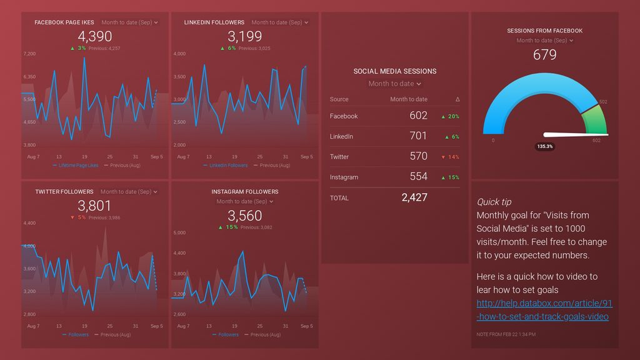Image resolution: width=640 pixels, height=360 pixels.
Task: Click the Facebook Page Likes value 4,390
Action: pyautogui.click(x=95, y=36)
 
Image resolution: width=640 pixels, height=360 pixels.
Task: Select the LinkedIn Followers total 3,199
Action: pyautogui.click(x=244, y=36)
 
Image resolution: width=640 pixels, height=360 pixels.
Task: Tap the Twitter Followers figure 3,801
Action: pyautogui.click(x=95, y=206)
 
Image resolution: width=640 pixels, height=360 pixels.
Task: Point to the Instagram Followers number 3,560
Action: pyautogui.click(x=244, y=216)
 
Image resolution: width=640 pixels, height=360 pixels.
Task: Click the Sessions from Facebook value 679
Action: pyautogui.click(x=544, y=55)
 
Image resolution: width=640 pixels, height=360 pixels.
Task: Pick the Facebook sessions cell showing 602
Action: pyautogui.click(x=418, y=116)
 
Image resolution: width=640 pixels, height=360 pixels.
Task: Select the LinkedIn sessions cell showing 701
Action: pyautogui.click(x=418, y=136)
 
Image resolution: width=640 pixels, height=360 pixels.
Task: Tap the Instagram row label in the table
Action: pyautogui.click(x=344, y=177)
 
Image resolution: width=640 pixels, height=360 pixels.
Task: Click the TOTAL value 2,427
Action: pyautogui.click(x=414, y=197)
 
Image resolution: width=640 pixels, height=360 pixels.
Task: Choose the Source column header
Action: pyautogui.click(x=339, y=99)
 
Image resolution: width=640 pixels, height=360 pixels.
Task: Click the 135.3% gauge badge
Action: pyautogui.click(x=544, y=146)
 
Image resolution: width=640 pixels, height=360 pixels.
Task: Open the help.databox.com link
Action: pyautogui.click(x=544, y=310)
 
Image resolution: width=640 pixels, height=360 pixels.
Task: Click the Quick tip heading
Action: pyautogui.click(x=494, y=202)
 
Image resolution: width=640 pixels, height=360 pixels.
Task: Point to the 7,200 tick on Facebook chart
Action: pyautogui.click(x=29, y=54)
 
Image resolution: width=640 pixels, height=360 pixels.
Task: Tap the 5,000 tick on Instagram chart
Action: pyautogui.click(x=179, y=233)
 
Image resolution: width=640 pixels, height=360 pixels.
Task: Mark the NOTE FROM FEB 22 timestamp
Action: pyautogui.click(x=506, y=334)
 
